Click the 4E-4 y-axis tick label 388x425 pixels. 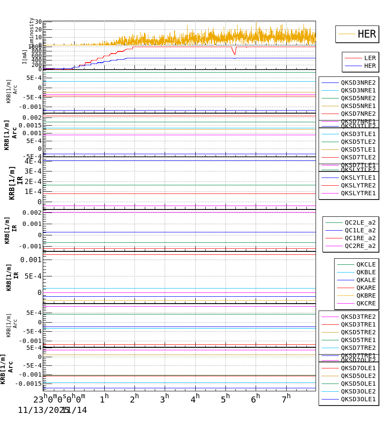click(x=33, y=162)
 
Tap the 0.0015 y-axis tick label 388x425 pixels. click(x=30, y=125)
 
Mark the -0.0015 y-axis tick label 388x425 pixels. click(x=29, y=384)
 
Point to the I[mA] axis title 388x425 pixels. click(x=25, y=57)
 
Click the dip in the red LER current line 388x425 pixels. click(x=235, y=54)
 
